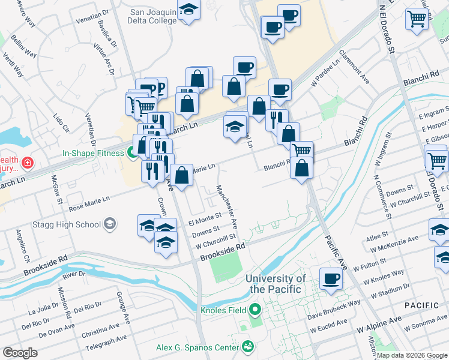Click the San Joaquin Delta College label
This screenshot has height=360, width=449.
(x=154, y=16)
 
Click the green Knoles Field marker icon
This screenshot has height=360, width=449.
(x=255, y=310)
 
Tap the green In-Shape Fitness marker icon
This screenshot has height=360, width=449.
(x=132, y=153)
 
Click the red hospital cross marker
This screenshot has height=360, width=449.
(x=26, y=163)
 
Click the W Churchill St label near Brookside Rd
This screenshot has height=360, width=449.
(x=215, y=242)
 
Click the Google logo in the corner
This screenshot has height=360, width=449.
(x=20, y=353)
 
